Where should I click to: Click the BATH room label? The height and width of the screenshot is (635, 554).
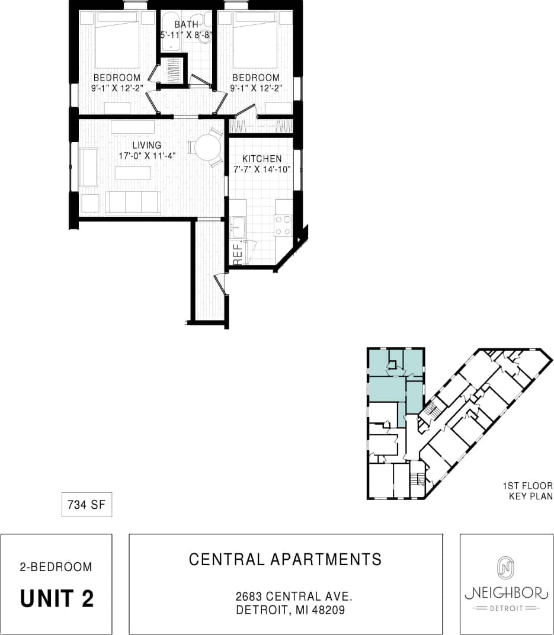(x=186, y=24)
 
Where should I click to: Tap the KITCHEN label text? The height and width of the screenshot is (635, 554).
(x=262, y=159)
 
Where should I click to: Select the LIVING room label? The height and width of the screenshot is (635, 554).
(x=147, y=145)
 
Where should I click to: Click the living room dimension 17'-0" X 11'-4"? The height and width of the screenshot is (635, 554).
(x=147, y=156)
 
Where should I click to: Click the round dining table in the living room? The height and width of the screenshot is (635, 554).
(x=207, y=147)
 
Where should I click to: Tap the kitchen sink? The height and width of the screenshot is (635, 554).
(x=238, y=225)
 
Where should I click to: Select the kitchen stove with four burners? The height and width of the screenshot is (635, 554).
(x=283, y=225)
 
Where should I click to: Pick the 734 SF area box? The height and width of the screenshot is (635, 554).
(x=87, y=505)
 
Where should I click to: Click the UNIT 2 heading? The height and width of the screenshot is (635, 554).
(x=57, y=598)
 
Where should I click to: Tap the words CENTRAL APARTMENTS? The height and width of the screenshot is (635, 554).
(x=286, y=559)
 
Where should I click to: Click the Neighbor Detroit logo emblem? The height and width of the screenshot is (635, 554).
(x=505, y=567)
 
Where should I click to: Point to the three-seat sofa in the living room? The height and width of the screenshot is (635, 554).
(x=133, y=203)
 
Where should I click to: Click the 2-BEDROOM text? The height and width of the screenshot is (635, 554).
(x=56, y=567)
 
